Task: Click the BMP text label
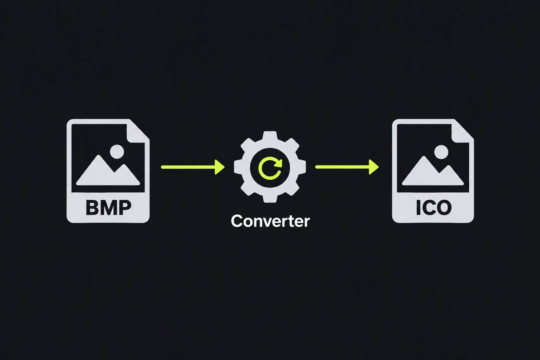click(109, 207)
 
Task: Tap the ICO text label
click(434, 207)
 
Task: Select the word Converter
click(270, 221)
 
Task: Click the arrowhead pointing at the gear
click(220, 167)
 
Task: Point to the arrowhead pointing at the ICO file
click(374, 167)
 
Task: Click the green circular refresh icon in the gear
click(270, 168)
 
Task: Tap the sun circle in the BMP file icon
click(117, 152)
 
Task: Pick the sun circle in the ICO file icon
click(441, 152)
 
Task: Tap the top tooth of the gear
click(270, 135)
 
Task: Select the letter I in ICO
click(418, 208)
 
